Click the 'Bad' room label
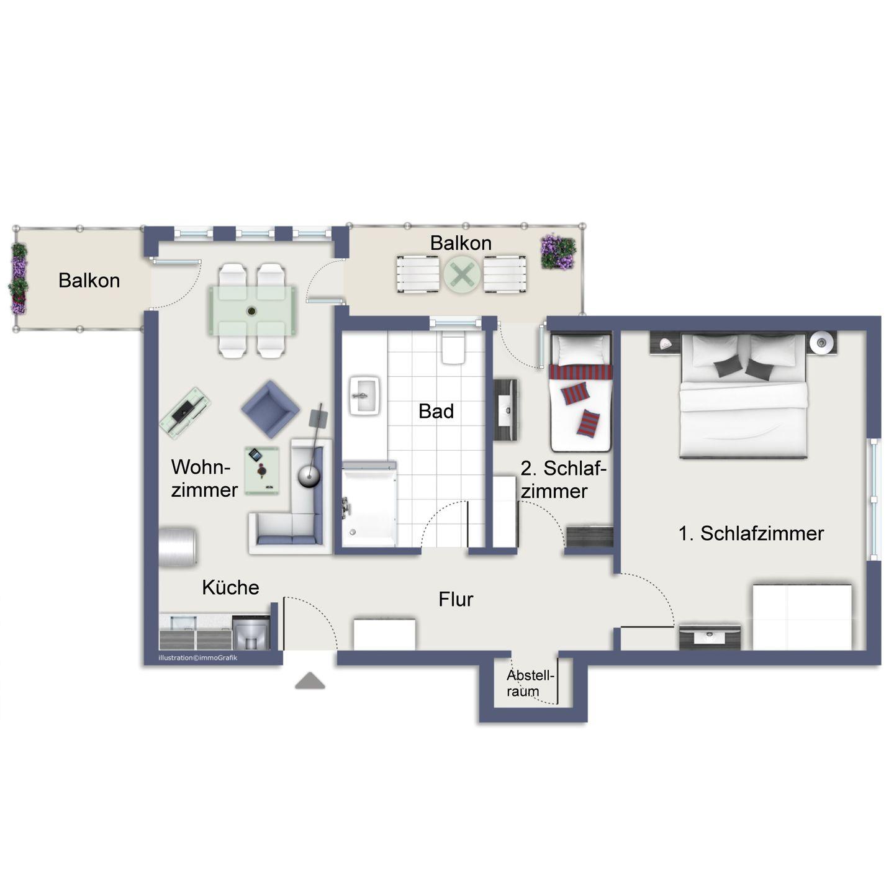tap(436, 411)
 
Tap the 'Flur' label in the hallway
tap(456, 599)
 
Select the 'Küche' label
tap(230, 587)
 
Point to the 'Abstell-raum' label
tap(530, 684)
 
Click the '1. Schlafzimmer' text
tap(751, 533)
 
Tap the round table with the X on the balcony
tap(462, 274)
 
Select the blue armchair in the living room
tap(270, 409)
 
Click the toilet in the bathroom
tap(453, 346)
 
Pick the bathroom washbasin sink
tap(364, 395)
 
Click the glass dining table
tap(253, 310)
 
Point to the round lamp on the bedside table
tap(821, 343)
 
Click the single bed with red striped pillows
tap(580, 392)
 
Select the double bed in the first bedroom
tap(743, 395)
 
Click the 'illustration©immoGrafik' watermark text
tap(197, 657)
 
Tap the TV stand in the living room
tap(185, 412)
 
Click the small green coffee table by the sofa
tap(262, 471)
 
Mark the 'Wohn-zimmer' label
tap(204, 478)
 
